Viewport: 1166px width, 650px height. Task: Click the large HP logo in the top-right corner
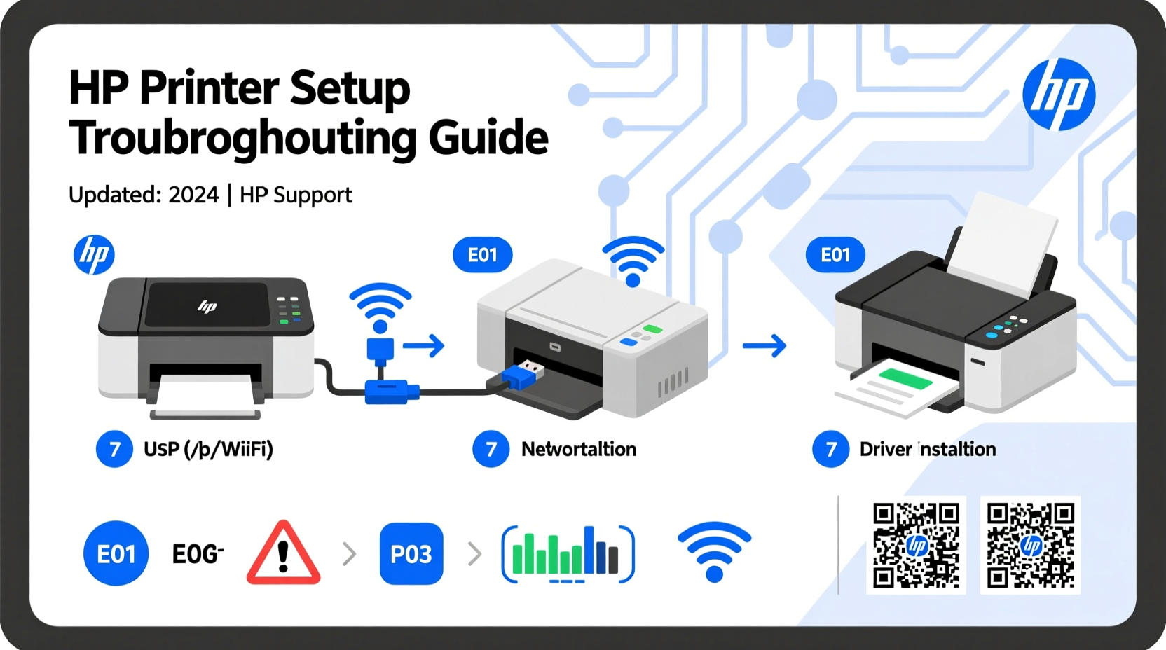1058,95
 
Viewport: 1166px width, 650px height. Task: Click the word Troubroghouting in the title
242,139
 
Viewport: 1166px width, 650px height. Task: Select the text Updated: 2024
144,195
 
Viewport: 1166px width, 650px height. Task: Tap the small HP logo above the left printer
94,254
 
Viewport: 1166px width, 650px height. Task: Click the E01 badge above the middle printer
482,255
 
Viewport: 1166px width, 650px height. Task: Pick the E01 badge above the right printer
835,255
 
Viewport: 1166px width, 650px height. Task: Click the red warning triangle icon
283,554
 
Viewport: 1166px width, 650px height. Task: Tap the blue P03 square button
411,554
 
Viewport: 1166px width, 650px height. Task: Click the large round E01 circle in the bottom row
116,554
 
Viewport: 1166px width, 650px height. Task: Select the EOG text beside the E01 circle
198,554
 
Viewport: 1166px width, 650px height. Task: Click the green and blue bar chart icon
568,553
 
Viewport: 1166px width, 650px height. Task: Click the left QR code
916,545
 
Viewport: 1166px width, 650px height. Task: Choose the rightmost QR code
1030,545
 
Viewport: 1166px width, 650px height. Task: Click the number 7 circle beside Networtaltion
491,449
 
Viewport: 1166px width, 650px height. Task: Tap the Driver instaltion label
927,449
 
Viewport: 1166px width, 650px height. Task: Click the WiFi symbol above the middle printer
633,261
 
